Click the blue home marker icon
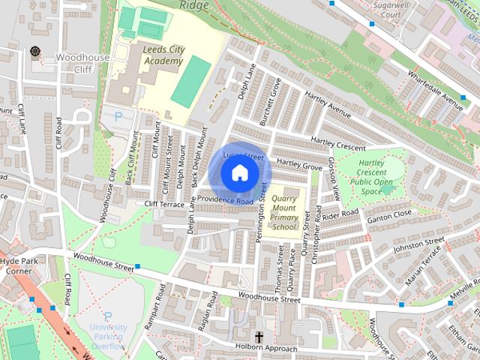coord(238,173)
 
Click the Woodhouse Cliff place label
coord(82,63)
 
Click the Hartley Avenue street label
coord(328,104)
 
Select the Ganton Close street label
coord(390,214)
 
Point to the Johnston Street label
coord(419,244)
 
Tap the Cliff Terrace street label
coord(164,204)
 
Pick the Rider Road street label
coord(342,215)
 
